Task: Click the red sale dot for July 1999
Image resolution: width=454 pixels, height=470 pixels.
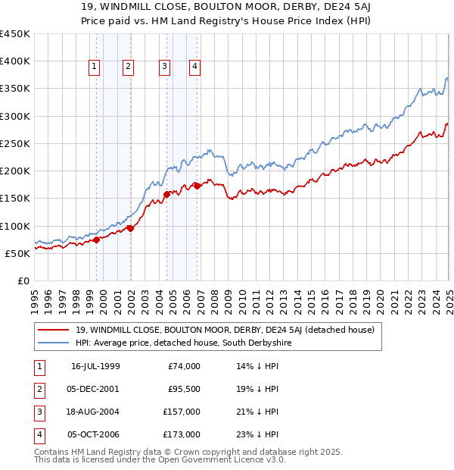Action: click(97, 240)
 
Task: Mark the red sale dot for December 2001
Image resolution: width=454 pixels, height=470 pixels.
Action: click(130, 228)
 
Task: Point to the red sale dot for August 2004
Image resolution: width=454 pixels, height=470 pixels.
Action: click(166, 195)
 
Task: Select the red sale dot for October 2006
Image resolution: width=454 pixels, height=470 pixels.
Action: click(197, 186)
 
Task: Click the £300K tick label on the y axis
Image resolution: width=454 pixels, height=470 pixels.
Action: click(15, 116)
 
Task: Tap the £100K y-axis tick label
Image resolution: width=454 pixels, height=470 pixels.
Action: click(15, 226)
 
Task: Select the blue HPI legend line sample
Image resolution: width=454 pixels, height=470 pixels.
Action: click(54, 343)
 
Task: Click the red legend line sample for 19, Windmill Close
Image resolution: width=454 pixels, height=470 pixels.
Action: click(54, 329)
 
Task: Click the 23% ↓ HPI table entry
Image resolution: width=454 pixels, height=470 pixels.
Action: click(258, 434)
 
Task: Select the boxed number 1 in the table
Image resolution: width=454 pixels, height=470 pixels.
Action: click(38, 366)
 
